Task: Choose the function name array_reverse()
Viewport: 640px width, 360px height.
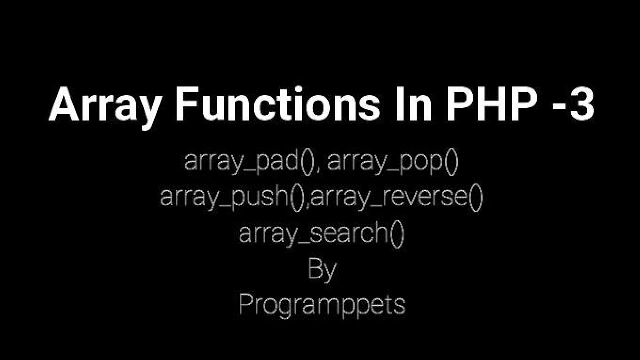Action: click(397, 198)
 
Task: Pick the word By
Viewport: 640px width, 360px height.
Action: click(322, 270)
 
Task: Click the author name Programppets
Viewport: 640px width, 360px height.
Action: click(322, 304)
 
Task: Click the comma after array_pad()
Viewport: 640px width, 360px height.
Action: click(319, 170)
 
